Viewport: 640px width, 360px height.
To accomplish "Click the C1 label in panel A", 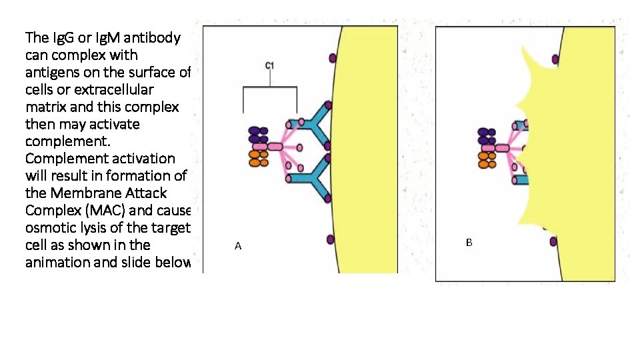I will pyautogui.click(x=270, y=65).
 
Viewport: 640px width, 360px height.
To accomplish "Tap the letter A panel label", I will pyautogui.click(x=238, y=247).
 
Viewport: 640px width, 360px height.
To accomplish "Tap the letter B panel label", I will pyautogui.click(x=469, y=243).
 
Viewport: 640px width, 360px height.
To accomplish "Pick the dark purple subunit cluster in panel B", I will pyautogui.click(x=487, y=136).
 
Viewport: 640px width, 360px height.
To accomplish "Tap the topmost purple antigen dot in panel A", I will pyautogui.click(x=332, y=59).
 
